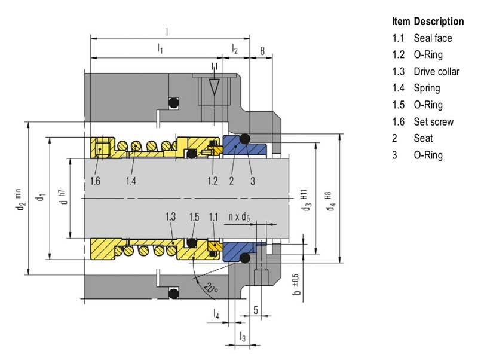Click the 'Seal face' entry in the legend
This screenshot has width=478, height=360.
433,38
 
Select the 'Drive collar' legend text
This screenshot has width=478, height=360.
436,72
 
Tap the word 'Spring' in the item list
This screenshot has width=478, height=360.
427,89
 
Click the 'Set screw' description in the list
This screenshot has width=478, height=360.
433,122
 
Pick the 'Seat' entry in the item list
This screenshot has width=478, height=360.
423,138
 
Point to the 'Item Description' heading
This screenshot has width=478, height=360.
428,22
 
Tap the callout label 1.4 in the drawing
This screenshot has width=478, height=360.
132,180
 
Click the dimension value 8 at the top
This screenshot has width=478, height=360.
262,51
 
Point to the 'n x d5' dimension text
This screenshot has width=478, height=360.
238,217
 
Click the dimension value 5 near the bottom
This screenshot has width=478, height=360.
256,310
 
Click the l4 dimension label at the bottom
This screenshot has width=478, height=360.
216,313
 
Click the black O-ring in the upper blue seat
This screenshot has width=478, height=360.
244,139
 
